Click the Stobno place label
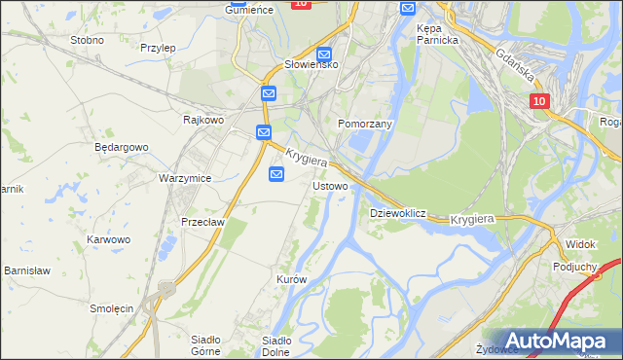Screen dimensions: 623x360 (x=87, y=40)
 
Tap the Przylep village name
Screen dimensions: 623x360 (x=157, y=47)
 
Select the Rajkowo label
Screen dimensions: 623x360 (x=204, y=120)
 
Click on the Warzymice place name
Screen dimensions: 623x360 (x=185, y=179)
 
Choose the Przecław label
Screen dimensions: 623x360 (x=202, y=221)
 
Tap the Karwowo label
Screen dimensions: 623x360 (x=108, y=238)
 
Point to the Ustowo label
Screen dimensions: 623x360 (x=330, y=185)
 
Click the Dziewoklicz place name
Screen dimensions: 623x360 (x=398, y=212)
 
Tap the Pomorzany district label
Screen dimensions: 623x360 (x=364, y=125)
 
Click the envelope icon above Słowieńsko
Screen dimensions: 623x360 (x=325, y=54)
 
